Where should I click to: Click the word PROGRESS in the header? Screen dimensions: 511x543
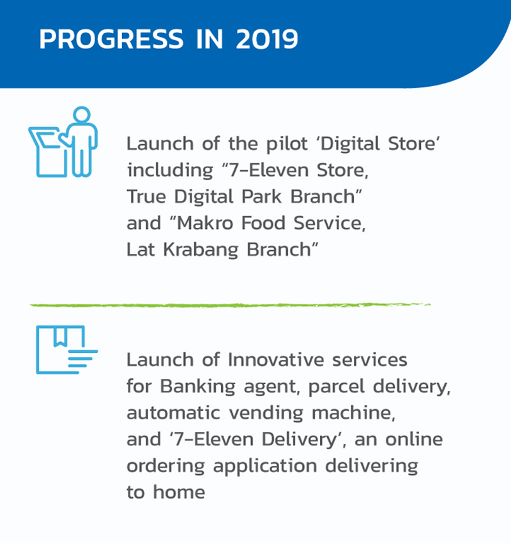click(x=111, y=39)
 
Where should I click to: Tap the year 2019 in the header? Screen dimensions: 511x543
click(x=266, y=39)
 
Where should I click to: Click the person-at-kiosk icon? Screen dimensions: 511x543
click(x=63, y=142)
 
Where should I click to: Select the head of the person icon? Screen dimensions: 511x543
click(x=82, y=115)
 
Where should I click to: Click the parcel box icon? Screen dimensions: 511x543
click(x=66, y=350)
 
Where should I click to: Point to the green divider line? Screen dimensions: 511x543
click(x=230, y=305)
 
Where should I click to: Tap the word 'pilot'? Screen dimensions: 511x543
click(x=287, y=144)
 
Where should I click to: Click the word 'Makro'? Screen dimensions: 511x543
click(x=205, y=223)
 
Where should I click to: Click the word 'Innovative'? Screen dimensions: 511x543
click(x=276, y=360)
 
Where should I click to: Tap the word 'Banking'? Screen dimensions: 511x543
click(x=197, y=387)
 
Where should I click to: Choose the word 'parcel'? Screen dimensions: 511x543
click(x=336, y=387)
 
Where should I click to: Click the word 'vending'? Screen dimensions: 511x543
click(x=266, y=413)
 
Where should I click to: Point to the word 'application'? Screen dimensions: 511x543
click(x=265, y=466)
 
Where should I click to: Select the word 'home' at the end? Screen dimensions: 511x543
click(x=179, y=492)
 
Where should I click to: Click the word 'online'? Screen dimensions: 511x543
click(x=414, y=440)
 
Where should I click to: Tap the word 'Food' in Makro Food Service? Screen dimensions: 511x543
click(x=263, y=223)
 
